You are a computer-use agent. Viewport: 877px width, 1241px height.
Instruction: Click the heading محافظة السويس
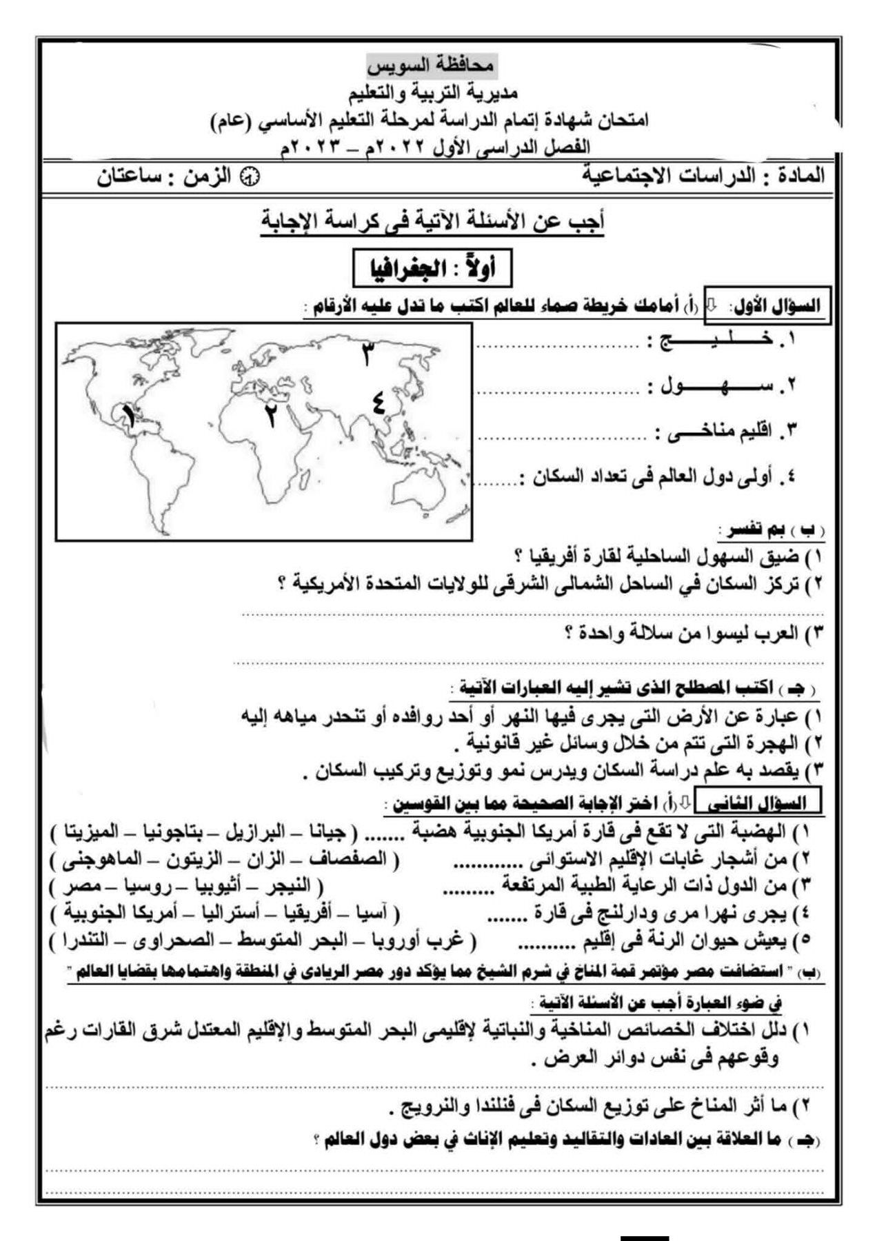431,66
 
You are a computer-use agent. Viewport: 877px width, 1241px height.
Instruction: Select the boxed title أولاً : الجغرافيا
432,269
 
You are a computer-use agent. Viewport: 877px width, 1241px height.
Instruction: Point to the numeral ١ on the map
128,416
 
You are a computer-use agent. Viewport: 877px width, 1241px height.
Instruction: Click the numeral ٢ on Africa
271,415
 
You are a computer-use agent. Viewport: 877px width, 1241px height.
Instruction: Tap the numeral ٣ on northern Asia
367,354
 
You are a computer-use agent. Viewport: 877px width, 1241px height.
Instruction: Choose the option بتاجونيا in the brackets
173,831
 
